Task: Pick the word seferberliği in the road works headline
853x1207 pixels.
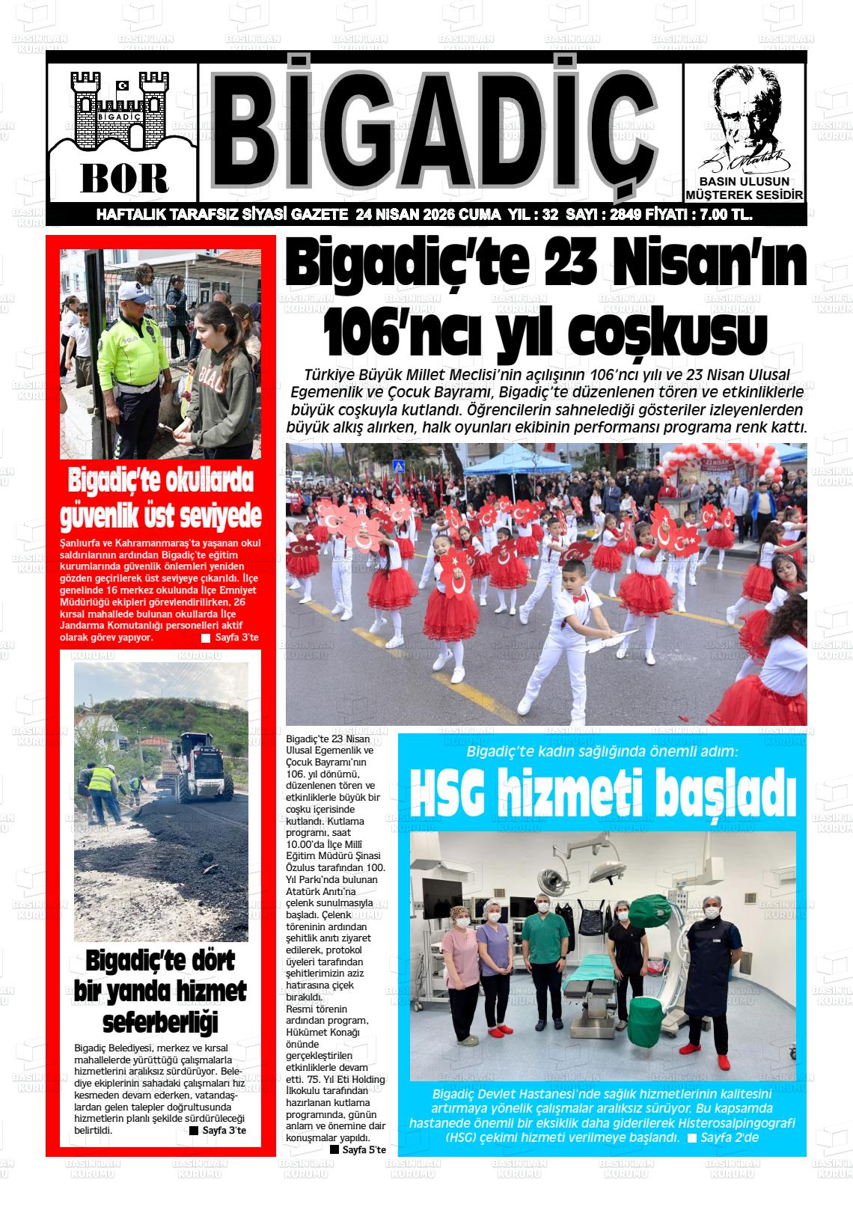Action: click(x=160, y=1022)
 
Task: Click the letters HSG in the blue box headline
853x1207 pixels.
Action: click(x=448, y=795)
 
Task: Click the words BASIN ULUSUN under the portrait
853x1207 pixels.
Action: click(x=744, y=182)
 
